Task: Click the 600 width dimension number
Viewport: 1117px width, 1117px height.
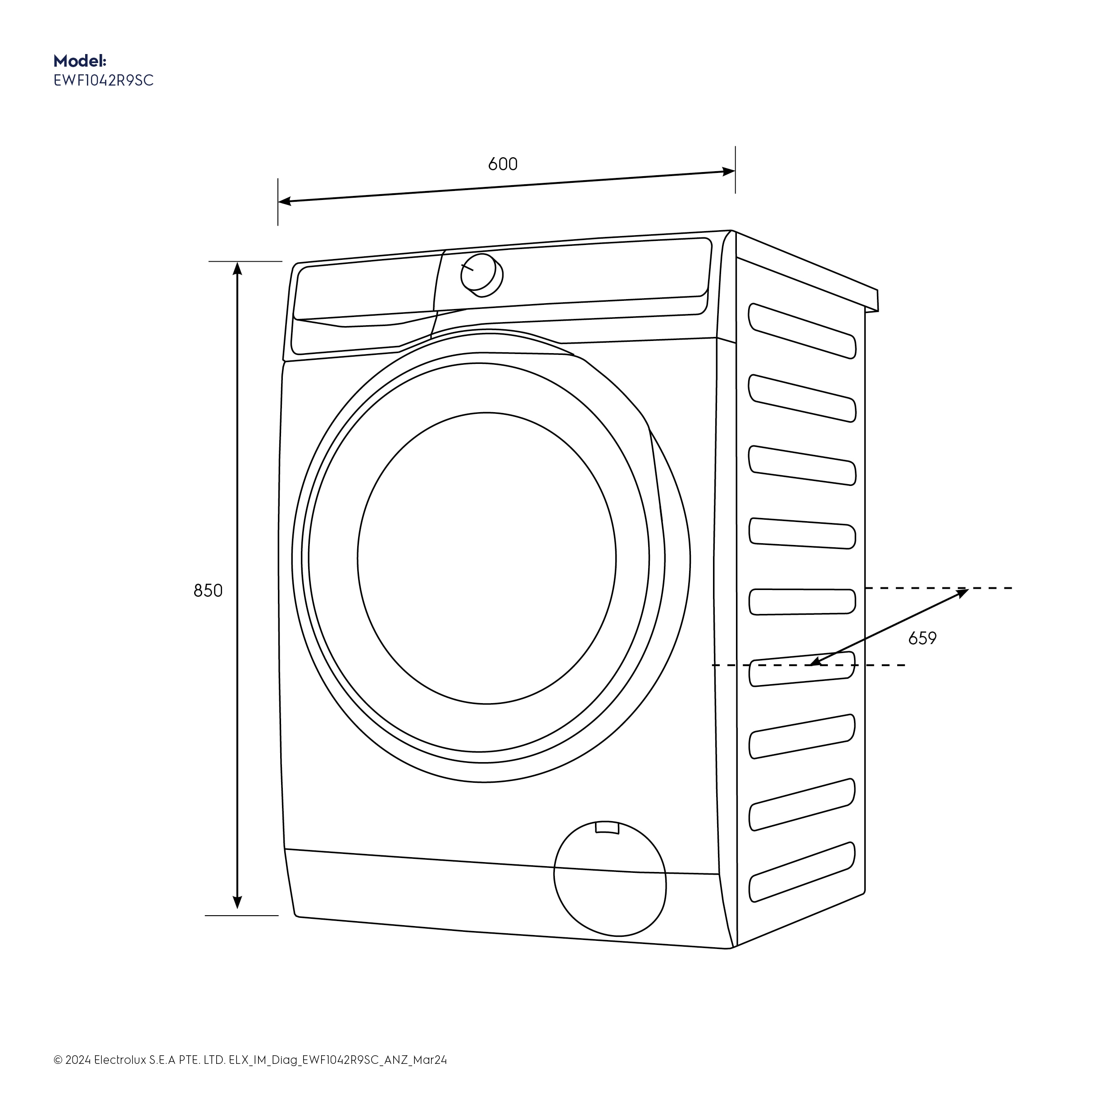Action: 502,164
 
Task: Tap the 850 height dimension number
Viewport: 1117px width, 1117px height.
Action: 208,590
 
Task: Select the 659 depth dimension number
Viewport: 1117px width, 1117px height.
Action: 922,638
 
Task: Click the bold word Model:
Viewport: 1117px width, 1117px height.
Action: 80,61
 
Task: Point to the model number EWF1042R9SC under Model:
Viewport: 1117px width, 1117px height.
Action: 104,80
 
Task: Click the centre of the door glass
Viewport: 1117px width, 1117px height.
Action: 486,558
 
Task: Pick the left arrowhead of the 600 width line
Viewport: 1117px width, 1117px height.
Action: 285,201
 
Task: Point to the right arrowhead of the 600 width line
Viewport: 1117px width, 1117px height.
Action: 728,172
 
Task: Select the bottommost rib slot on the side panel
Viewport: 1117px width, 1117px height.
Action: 802,872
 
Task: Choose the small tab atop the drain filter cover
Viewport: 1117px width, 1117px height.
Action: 607,827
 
